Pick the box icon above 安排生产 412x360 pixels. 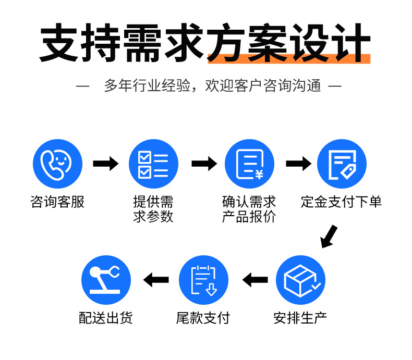(x=300, y=280)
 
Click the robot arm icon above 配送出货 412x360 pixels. (x=106, y=280)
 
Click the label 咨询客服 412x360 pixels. (x=57, y=202)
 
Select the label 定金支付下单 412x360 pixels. (x=342, y=202)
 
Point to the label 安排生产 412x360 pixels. (x=300, y=317)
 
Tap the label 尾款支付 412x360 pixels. (x=203, y=317)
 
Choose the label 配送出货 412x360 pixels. (x=106, y=317)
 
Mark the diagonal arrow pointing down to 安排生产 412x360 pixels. (x=329, y=237)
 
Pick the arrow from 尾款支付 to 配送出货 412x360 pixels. (x=156, y=280)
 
